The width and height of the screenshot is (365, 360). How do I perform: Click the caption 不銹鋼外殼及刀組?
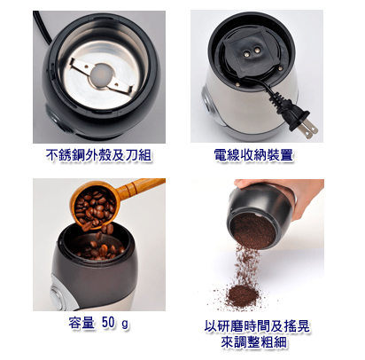coord(99,155)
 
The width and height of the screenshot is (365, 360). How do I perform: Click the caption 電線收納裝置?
coord(253,155)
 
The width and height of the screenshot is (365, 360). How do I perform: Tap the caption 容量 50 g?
coord(98,323)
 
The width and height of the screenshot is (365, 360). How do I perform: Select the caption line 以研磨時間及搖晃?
coord(257,326)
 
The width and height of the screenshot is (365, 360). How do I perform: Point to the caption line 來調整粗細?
coord(254,342)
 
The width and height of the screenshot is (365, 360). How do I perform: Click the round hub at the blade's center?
coord(101,76)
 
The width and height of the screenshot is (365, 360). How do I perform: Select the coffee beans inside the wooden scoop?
coord(95,207)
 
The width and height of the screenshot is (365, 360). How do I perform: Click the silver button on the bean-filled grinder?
coord(57,293)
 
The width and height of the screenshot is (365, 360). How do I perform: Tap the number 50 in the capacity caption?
coord(108,322)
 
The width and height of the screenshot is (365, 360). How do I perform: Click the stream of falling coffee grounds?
coord(245,264)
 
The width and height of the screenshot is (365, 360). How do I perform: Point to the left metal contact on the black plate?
coord(245,51)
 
